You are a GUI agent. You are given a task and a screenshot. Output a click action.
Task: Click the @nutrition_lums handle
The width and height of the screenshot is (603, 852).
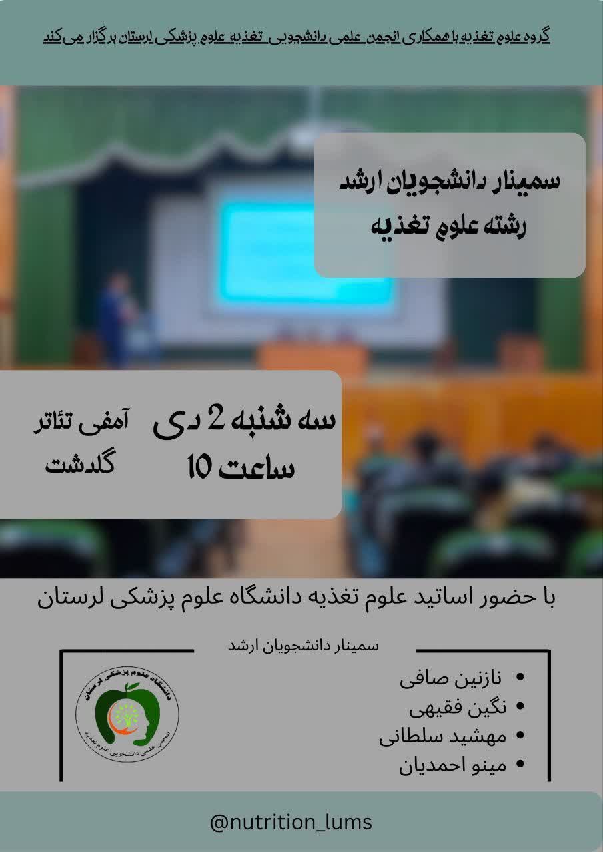pyautogui.click(x=291, y=821)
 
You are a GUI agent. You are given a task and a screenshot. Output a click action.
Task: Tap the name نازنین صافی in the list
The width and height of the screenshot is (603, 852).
pyautogui.click(x=450, y=678)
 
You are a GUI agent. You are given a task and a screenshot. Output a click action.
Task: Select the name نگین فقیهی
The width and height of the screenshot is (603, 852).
pyautogui.click(x=458, y=708)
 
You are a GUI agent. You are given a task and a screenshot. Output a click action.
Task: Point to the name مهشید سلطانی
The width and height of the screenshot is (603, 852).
pyautogui.click(x=442, y=737)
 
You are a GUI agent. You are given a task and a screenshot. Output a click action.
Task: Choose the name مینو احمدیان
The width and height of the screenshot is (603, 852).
pyautogui.click(x=452, y=765)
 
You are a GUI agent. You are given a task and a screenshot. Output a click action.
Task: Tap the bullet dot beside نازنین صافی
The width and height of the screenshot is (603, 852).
pyautogui.click(x=520, y=678)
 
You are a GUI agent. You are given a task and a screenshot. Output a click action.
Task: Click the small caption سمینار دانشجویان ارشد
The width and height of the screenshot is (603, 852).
pyautogui.click(x=303, y=646)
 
